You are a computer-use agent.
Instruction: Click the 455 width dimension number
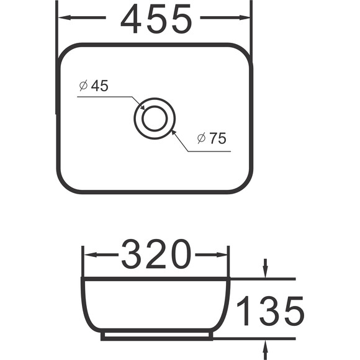(156, 19)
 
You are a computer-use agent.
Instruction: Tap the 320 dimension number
(156, 254)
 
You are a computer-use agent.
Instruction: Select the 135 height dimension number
(271, 310)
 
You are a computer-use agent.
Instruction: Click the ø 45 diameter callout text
(94, 86)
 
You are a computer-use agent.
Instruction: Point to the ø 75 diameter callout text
(212, 138)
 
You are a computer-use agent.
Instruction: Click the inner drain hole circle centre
(155, 119)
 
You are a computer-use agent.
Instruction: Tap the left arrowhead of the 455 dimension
(65, 17)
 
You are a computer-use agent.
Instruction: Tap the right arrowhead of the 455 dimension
(245, 17)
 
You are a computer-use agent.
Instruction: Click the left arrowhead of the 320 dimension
(90, 254)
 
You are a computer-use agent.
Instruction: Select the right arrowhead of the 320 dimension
(222, 254)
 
